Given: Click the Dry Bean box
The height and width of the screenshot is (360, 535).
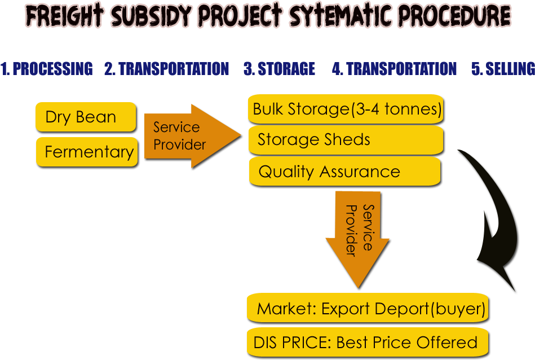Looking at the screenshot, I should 86,117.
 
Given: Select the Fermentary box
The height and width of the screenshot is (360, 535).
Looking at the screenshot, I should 87,152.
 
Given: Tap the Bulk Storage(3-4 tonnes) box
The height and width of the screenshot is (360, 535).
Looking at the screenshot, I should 346,109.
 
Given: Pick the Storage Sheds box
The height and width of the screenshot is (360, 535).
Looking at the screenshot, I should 345,140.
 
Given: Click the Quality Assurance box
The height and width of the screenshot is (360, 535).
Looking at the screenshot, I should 344,172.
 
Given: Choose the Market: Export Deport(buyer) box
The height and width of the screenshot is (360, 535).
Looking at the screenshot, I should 367,309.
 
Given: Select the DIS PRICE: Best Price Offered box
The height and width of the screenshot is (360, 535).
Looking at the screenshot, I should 367,342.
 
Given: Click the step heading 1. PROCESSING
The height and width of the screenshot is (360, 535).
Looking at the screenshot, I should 46,69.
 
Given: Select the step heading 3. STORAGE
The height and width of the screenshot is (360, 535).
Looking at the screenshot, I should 279,69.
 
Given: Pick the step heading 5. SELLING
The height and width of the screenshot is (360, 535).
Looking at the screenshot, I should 503,69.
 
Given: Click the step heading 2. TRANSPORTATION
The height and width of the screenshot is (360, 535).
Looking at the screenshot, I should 167,69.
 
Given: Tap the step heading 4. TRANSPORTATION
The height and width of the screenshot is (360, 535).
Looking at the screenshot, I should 394,69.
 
